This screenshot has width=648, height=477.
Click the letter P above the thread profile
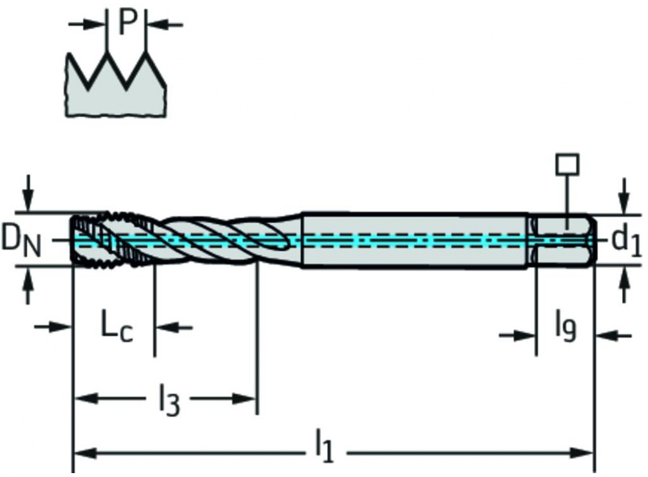[x=128, y=23]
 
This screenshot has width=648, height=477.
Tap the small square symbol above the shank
[x=567, y=165]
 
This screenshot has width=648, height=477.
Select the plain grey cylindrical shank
[x=415, y=240]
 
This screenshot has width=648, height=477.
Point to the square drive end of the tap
[x=562, y=240]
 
